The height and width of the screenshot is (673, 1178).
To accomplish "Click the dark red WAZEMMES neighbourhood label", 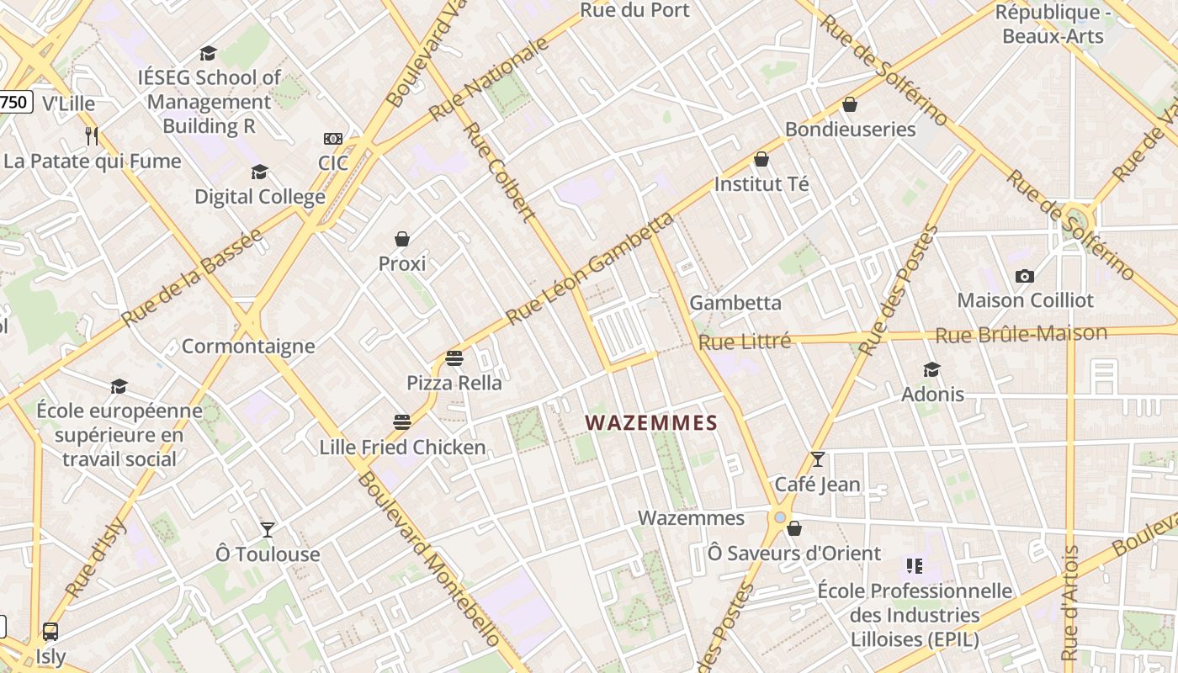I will click(651, 423).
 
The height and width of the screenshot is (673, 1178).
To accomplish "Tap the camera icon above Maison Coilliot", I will click(1024, 276).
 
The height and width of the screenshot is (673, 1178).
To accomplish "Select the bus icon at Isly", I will click(50, 632).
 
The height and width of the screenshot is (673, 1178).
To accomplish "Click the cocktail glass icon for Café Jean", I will click(817, 459).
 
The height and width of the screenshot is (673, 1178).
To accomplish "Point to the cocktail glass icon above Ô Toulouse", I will click(268, 529).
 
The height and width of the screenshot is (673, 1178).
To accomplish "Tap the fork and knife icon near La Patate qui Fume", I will click(92, 135).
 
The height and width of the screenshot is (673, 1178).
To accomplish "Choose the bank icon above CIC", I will click(333, 139).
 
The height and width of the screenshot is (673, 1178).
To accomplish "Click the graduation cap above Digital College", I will click(259, 172).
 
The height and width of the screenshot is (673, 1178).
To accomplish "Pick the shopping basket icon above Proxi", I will click(402, 240).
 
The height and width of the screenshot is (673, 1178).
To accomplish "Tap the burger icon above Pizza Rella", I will click(454, 358).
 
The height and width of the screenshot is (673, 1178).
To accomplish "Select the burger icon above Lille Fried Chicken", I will click(402, 421).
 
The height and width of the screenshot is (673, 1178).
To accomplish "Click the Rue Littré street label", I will click(745, 342).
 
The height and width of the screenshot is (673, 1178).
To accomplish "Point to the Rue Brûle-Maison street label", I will click(1021, 334).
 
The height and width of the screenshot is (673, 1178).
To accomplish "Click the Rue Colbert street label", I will click(499, 172).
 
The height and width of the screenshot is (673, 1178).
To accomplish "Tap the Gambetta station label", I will click(735, 303).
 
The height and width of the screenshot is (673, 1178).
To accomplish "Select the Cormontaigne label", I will click(248, 347).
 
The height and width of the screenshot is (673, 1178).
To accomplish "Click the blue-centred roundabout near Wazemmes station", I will click(781, 517).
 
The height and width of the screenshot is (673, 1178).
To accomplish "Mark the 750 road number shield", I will click(14, 103).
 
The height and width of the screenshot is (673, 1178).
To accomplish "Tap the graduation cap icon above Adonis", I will click(931, 370).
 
